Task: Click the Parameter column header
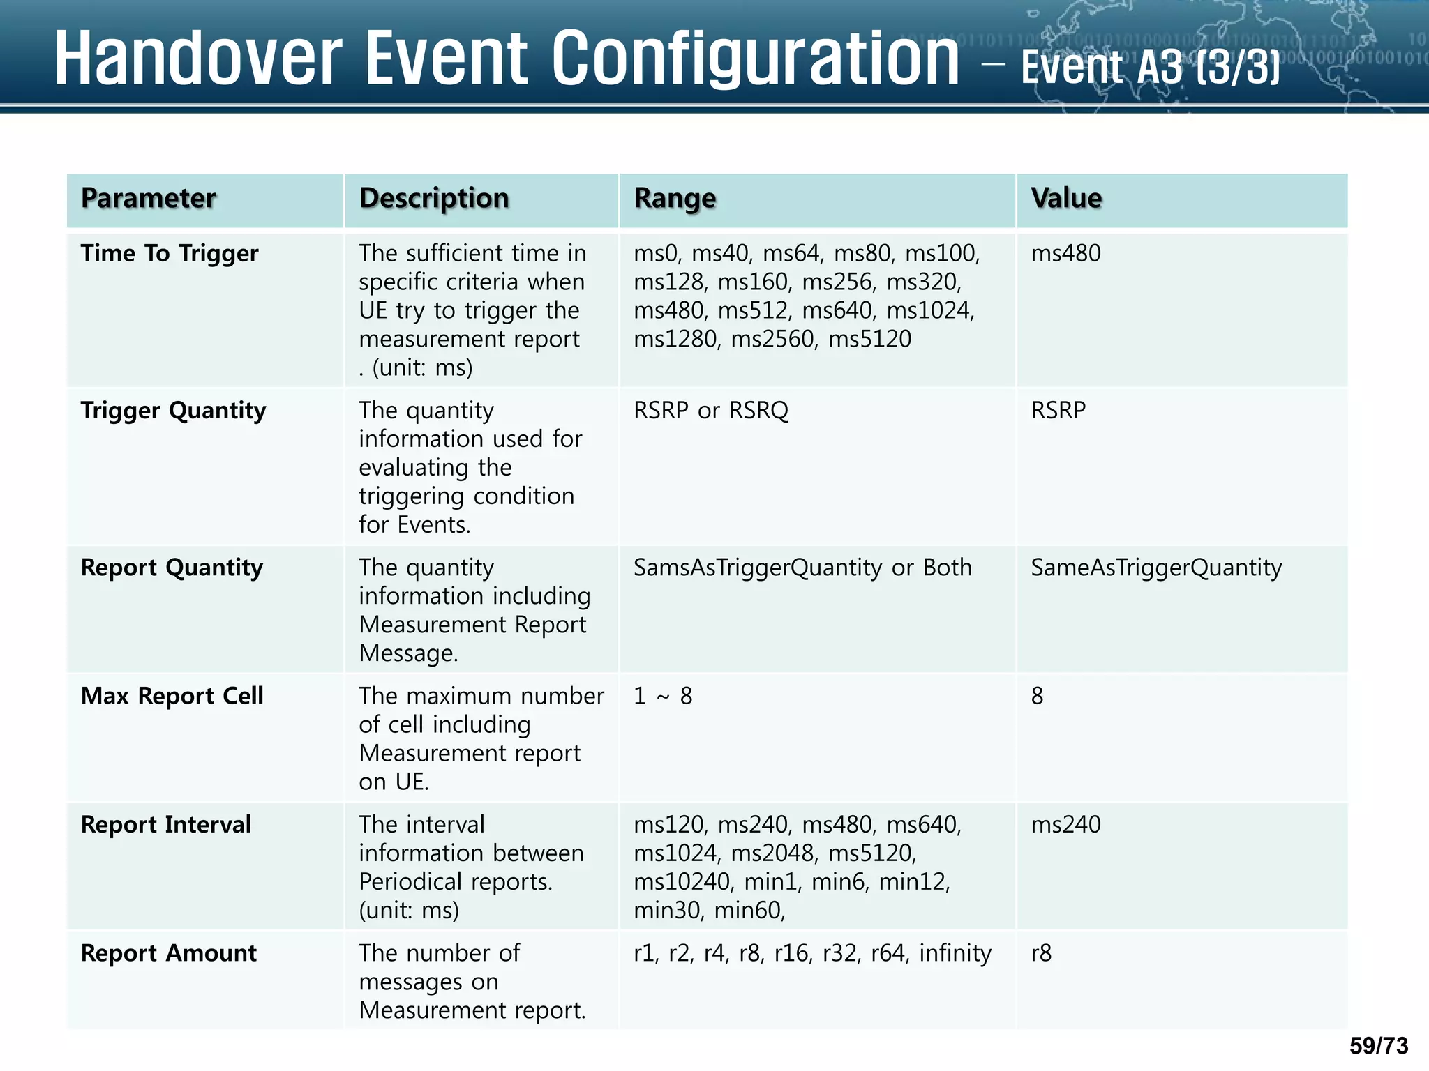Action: click(x=148, y=199)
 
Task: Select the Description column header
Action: click(x=434, y=199)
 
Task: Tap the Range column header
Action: click(x=675, y=199)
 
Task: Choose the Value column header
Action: click(x=1066, y=199)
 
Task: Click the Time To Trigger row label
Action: click(x=170, y=253)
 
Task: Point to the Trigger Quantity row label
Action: click(x=173, y=411)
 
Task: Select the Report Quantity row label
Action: click(x=172, y=568)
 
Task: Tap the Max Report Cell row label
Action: click(x=172, y=696)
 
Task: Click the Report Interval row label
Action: click(x=165, y=825)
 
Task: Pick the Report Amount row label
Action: click(x=168, y=953)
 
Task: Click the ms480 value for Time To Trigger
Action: click(x=1065, y=253)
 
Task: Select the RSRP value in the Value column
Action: click(x=1058, y=411)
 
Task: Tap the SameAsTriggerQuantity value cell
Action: click(x=1156, y=568)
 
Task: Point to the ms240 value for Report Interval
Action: click(x=1065, y=825)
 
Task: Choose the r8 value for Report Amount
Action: click(x=1041, y=953)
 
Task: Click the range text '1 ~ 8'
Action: click(x=663, y=696)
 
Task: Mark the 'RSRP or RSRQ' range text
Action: click(x=710, y=411)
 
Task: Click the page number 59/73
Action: click(x=1379, y=1046)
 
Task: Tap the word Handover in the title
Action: click(x=198, y=59)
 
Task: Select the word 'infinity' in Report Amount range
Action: click(x=955, y=953)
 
